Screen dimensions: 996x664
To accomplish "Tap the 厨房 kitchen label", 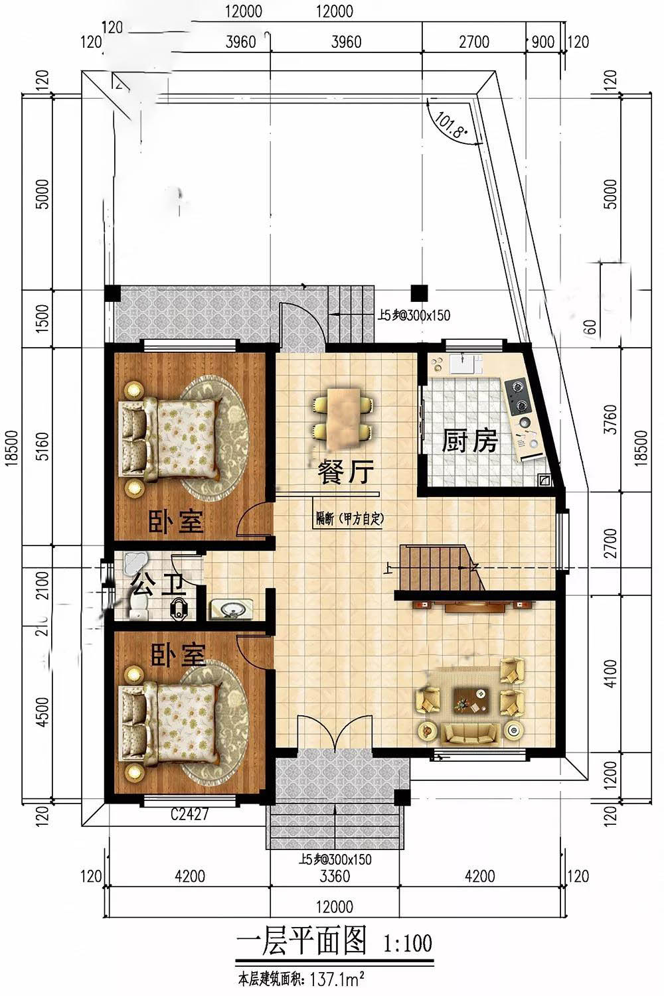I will [x=470, y=441].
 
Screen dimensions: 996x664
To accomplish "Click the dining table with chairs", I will [x=343, y=415].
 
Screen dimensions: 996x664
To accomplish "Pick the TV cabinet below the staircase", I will [x=473, y=606].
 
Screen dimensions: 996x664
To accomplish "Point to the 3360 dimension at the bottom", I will [x=334, y=877].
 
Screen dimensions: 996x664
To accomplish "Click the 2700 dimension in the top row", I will [x=474, y=42].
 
